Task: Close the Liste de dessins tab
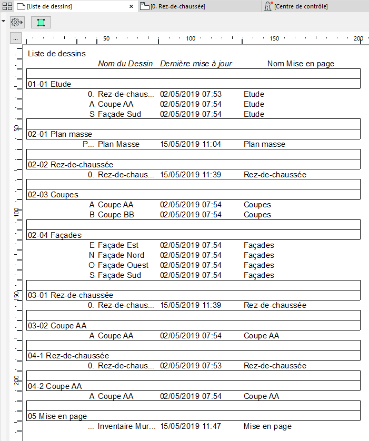click(x=132, y=6)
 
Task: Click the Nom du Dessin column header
click(x=125, y=64)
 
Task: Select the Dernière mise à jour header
click(x=196, y=64)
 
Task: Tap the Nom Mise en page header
click(x=301, y=64)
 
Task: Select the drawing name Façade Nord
click(x=121, y=255)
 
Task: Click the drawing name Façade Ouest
click(x=123, y=265)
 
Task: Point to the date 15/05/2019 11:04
click(x=191, y=144)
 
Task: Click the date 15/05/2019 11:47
click(x=191, y=426)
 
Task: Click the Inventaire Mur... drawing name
click(x=127, y=426)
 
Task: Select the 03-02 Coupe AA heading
click(x=57, y=326)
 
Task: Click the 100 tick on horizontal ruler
click(x=191, y=38)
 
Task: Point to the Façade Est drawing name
click(x=118, y=245)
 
